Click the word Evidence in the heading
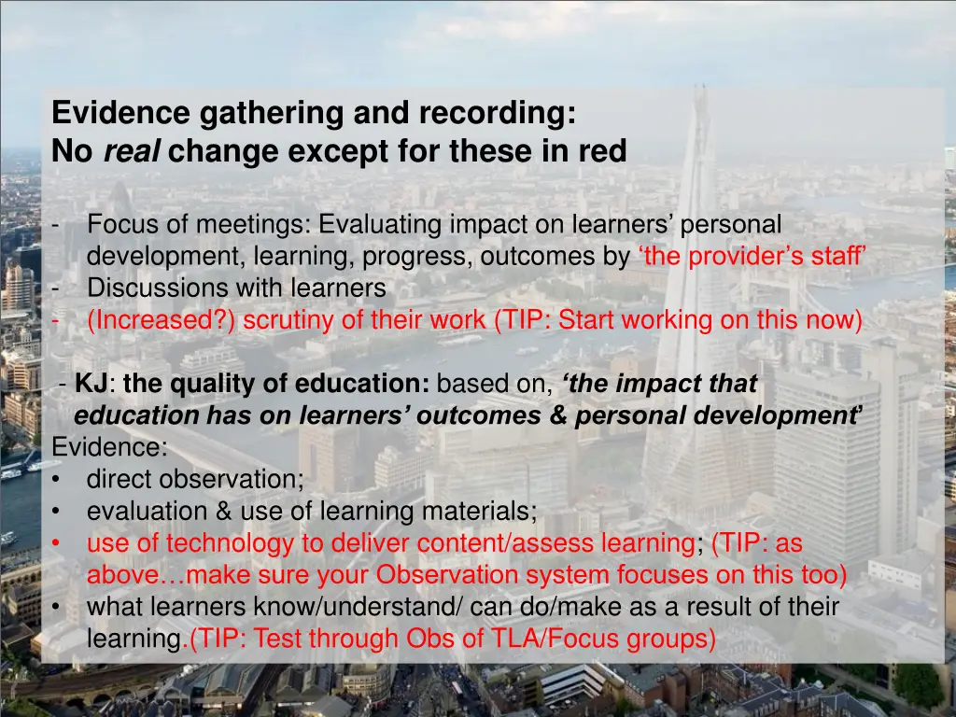coord(113,113)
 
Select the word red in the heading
coord(602,150)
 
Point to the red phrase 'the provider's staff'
coord(752,257)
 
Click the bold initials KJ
coord(90,384)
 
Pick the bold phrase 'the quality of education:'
coord(276,384)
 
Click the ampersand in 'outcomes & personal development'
coord(558,416)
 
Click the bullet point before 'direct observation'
coord(58,480)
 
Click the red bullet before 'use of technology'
coord(58,543)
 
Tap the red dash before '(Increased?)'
coord(57,320)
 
